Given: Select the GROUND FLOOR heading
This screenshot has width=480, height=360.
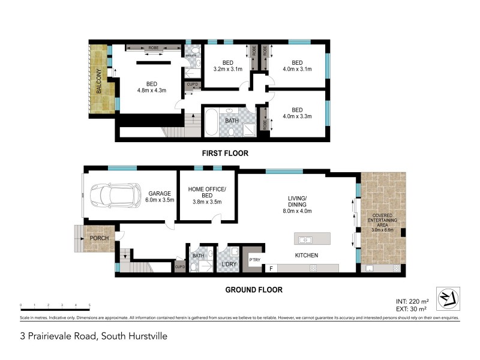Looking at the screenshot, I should click(253, 290).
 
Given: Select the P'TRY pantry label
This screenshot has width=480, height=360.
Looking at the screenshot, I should click(254, 259).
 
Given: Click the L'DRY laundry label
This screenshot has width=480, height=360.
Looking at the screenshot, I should click(229, 264).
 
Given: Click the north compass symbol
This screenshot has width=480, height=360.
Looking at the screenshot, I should click(446, 296).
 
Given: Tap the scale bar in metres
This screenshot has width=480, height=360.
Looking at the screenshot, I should click(55, 308).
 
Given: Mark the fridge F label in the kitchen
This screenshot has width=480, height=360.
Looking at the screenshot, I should click(271, 268).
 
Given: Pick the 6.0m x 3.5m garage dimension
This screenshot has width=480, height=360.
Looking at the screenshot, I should click(160, 200).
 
